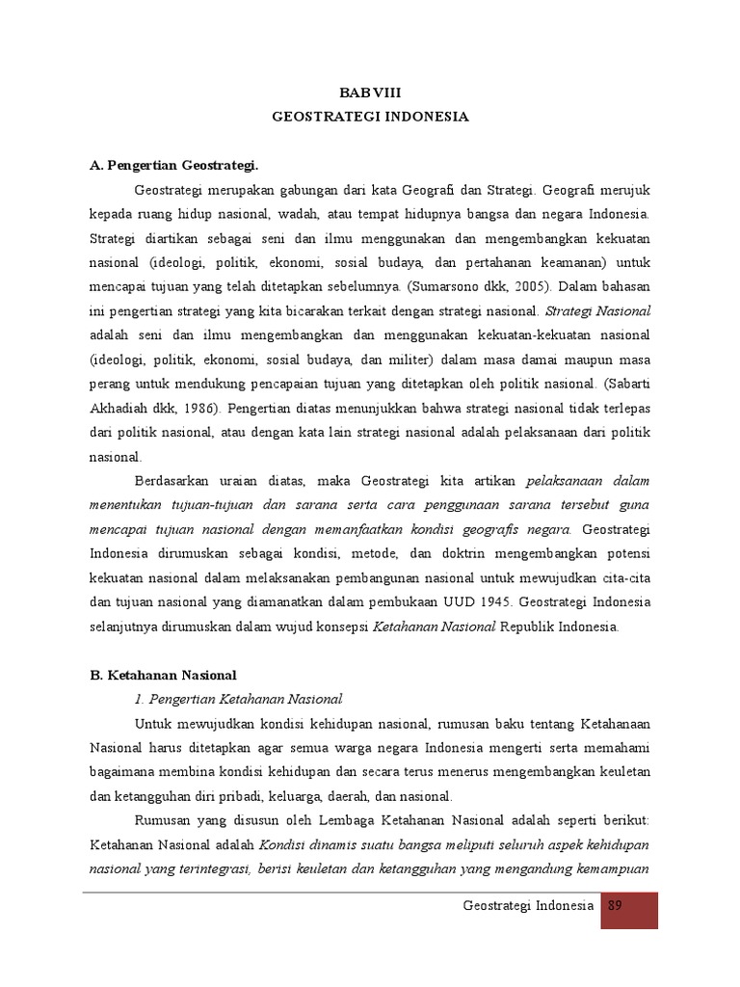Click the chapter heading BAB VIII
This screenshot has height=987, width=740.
(x=369, y=92)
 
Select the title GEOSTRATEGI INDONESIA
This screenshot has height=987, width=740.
(x=370, y=117)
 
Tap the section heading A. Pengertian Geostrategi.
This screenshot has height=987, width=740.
(x=174, y=165)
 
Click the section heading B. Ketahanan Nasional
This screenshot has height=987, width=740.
(x=163, y=675)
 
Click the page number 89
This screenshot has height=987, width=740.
(x=618, y=907)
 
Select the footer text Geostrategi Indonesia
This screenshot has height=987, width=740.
(x=528, y=907)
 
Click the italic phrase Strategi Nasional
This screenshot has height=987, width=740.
(x=598, y=310)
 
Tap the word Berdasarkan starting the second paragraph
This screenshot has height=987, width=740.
(x=177, y=481)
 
